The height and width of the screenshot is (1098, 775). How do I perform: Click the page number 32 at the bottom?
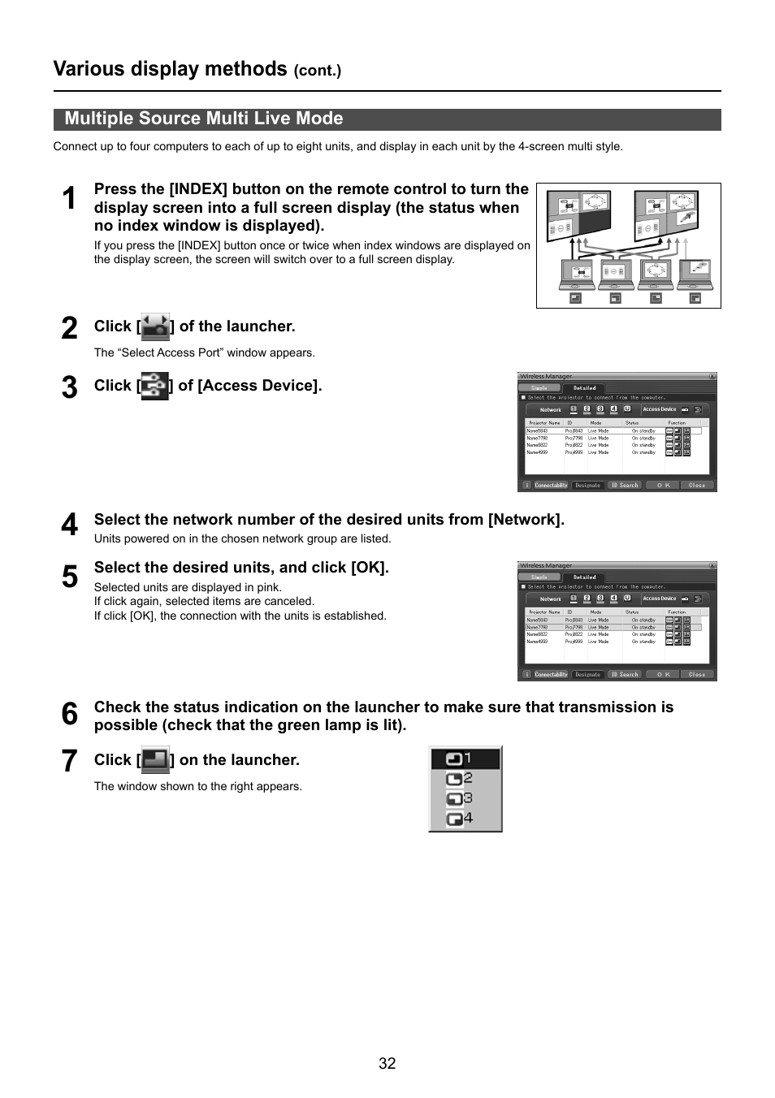(387, 1064)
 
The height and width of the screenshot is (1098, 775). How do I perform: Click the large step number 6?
(70, 715)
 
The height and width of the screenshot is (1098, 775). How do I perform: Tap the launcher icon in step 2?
(155, 326)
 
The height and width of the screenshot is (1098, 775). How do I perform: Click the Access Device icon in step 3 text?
(154, 386)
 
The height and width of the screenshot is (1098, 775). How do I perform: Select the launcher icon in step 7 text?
(155, 760)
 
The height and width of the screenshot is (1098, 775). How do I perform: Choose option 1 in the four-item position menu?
(465, 759)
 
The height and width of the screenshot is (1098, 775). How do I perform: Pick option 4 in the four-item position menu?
(465, 819)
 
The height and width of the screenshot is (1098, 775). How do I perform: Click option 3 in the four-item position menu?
(465, 798)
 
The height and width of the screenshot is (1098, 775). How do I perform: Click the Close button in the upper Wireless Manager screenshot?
(696, 485)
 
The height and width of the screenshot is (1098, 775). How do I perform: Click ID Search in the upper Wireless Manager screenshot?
(625, 485)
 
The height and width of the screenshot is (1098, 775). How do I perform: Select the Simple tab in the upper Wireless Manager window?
(539, 388)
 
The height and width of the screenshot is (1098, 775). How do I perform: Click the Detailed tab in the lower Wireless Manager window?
(585, 577)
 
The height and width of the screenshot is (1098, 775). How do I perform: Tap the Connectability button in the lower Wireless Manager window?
(551, 674)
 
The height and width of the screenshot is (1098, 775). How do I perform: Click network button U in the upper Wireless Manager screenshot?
(627, 409)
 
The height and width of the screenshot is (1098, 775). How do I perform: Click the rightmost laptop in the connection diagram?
(695, 274)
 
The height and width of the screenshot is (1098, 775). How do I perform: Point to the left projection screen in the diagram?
(578, 215)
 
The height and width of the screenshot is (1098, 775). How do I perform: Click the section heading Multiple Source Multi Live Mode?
(204, 119)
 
